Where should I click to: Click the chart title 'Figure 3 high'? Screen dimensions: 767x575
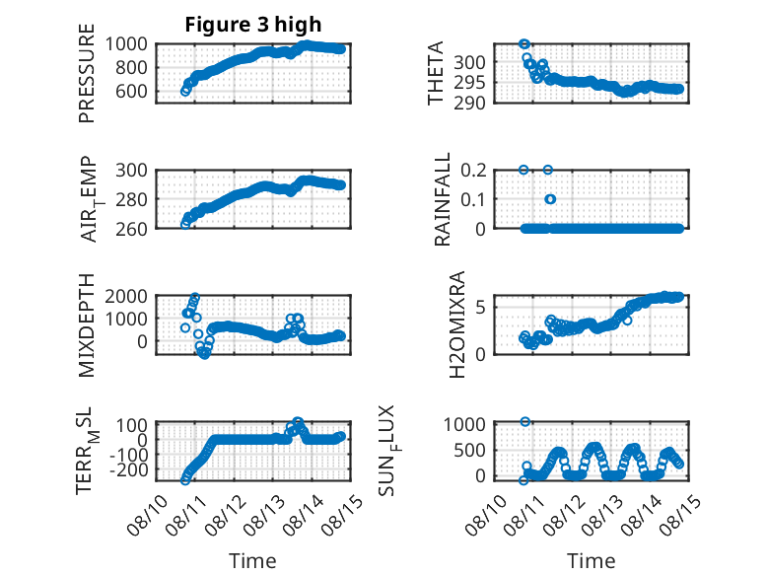[253, 25]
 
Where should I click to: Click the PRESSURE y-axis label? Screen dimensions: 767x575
[86, 73]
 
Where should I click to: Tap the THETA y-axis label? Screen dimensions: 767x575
[435, 73]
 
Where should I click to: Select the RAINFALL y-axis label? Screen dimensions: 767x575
[442, 199]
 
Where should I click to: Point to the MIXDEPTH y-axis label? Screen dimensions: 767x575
[86, 324]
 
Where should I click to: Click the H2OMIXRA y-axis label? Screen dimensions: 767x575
[456, 324]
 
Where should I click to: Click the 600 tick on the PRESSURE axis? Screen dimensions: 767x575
[131, 91]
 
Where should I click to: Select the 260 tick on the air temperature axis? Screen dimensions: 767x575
[131, 229]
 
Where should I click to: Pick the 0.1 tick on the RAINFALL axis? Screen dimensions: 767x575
[473, 199]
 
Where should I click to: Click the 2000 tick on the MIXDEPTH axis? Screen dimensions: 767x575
[126, 296]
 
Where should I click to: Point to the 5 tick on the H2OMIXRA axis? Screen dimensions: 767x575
[480, 308]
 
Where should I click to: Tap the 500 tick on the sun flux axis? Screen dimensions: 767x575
[469, 450]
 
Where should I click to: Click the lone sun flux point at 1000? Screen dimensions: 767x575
[524, 422]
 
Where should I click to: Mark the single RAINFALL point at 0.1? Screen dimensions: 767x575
[551, 199]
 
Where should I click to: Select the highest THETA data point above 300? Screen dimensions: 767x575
[524, 44]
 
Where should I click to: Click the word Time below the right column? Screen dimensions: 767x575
[591, 561]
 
